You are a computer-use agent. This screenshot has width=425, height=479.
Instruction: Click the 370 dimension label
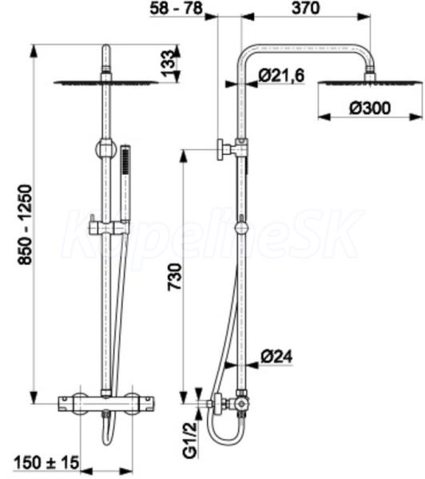[x=305, y=8]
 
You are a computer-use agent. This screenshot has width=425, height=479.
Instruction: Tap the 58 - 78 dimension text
[x=176, y=8]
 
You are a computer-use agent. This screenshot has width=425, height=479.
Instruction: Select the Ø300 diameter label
[x=370, y=108]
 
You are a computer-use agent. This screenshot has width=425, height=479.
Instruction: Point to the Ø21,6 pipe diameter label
[x=281, y=75]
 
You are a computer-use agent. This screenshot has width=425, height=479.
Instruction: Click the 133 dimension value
[x=167, y=63]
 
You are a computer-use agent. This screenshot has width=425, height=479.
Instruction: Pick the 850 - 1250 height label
[x=25, y=224]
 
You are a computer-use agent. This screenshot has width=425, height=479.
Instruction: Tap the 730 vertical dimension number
[x=175, y=277]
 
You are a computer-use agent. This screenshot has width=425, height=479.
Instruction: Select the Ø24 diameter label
[x=276, y=357]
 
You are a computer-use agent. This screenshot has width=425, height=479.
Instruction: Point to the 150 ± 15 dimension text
[x=46, y=462]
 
